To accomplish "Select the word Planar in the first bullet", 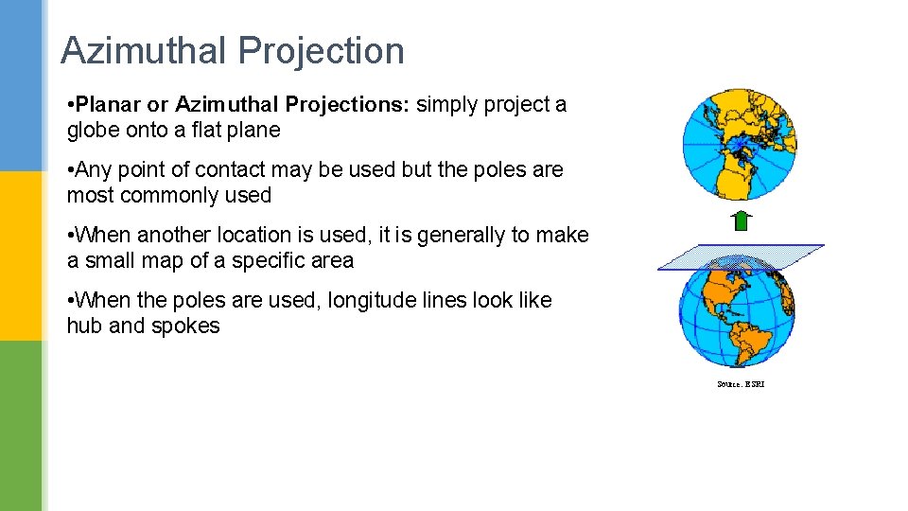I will pyautogui.click(x=112, y=104).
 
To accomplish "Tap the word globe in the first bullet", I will pyautogui.click(x=92, y=130).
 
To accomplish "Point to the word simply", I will pyautogui.click(x=447, y=104).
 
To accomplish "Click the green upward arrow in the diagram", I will pyautogui.click(x=742, y=221).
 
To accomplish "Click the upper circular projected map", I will pyautogui.click(x=740, y=143).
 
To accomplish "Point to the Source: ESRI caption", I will pyautogui.click(x=740, y=384).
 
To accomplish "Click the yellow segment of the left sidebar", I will pyautogui.click(x=21, y=255).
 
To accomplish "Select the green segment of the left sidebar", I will pyautogui.click(x=21, y=426).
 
